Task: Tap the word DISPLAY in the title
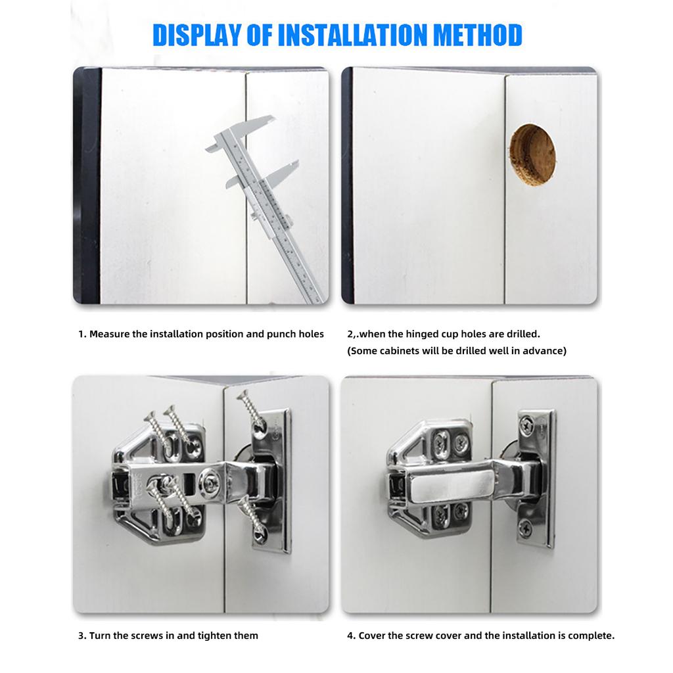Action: pyautogui.click(x=197, y=35)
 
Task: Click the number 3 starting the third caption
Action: pyautogui.click(x=81, y=636)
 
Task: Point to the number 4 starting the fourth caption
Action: pyautogui.click(x=350, y=636)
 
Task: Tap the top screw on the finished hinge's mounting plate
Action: pyautogui.click(x=526, y=424)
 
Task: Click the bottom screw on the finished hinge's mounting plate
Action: pyautogui.click(x=526, y=526)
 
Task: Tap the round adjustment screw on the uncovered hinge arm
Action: pyautogui.click(x=210, y=482)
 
